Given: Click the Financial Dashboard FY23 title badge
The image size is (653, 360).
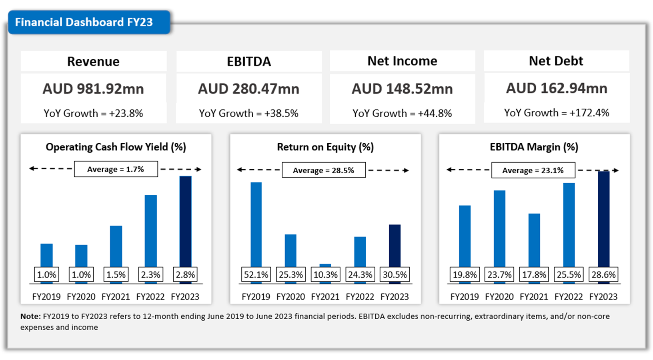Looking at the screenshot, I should (x=84, y=22).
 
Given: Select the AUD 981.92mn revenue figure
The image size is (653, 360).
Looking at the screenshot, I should (x=93, y=89).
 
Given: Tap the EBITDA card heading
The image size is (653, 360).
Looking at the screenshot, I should (x=249, y=62).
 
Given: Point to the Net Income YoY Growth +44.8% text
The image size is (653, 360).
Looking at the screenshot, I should (x=402, y=114).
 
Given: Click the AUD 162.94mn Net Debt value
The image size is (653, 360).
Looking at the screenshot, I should (x=557, y=88).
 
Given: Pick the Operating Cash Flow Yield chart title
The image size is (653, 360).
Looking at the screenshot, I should (x=116, y=147).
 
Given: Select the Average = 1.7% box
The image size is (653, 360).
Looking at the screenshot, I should (x=116, y=169).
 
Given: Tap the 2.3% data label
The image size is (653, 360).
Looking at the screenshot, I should (x=150, y=275).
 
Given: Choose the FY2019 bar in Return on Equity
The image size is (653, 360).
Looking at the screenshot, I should (x=256, y=224).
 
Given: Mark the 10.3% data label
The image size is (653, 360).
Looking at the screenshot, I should (x=325, y=275).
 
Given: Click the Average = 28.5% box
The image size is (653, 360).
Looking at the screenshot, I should (x=323, y=170).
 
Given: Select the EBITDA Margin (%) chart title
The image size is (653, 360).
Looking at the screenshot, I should (x=534, y=147).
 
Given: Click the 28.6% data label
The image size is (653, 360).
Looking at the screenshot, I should (x=603, y=275).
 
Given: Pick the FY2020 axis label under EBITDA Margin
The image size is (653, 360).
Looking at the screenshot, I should (x=499, y=297).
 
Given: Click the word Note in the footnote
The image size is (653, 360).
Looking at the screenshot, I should (x=30, y=316).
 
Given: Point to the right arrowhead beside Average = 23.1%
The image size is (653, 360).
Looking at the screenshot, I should (x=616, y=170).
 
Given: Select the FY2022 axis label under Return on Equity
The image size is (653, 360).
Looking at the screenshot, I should (x=360, y=297).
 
